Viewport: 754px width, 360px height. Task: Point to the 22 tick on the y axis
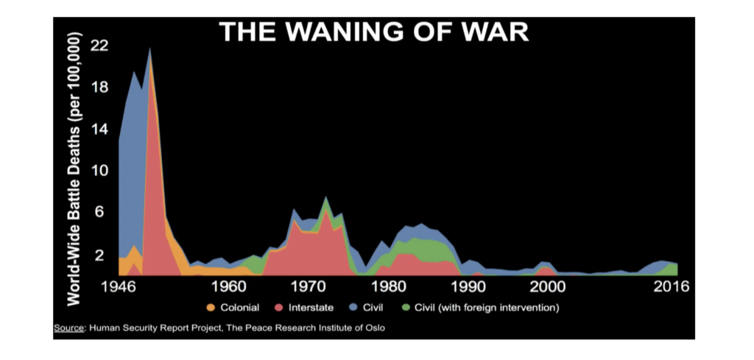pyautogui.click(x=99, y=46)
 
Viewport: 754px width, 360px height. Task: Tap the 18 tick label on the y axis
pyautogui.click(x=99, y=88)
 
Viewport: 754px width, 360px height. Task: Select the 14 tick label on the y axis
pyautogui.click(x=99, y=129)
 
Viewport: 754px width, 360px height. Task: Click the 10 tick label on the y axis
pyautogui.click(x=99, y=170)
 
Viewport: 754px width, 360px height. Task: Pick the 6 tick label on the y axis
pyautogui.click(x=103, y=212)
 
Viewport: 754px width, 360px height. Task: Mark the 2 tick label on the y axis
pyautogui.click(x=103, y=254)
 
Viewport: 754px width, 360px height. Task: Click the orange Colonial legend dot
pyautogui.click(x=210, y=307)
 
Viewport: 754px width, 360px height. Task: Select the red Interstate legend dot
pyautogui.click(x=279, y=307)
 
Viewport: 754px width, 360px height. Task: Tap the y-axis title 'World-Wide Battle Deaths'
pyautogui.click(x=74, y=169)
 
